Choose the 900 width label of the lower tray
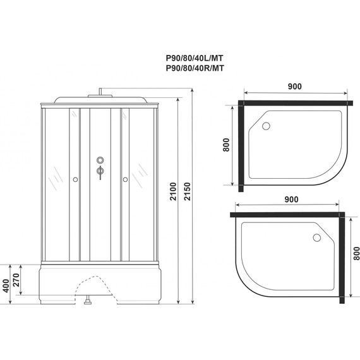[x=291, y=200]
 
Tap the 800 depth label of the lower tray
[x=356, y=255]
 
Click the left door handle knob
[x=75, y=181]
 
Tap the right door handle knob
[x=125, y=181]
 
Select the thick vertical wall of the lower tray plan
[x=343, y=256]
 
